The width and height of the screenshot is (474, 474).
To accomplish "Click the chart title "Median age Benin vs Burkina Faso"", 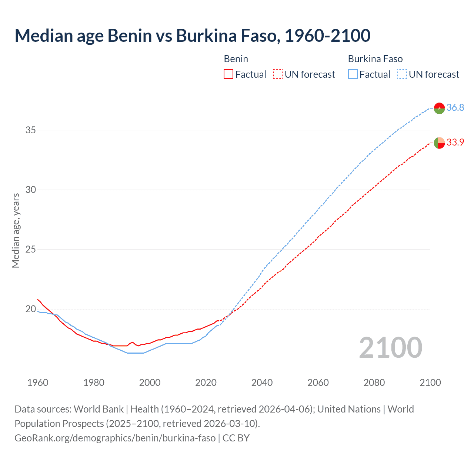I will tap(192, 36).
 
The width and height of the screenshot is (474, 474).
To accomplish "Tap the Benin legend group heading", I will tap(236, 59).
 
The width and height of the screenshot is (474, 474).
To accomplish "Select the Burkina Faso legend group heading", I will tap(375, 59).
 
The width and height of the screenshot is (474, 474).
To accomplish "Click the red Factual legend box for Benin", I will tap(228, 74).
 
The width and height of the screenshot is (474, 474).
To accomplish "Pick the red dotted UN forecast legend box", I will tap(278, 74).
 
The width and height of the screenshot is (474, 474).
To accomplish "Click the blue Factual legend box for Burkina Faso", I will tap(353, 74).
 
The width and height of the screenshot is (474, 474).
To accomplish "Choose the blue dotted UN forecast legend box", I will tap(402, 74).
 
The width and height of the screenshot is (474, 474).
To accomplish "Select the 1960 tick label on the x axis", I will tap(38, 383).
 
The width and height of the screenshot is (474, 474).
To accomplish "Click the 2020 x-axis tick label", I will tap(206, 383).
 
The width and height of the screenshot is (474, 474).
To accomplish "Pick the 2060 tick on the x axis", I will tap(318, 383).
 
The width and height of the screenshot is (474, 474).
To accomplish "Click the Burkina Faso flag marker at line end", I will tap(439, 108).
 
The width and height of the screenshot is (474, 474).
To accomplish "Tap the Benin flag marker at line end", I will tap(439, 143).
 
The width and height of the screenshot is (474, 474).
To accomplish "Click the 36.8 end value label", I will tap(455, 108).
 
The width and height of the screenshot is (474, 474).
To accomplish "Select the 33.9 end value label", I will tap(455, 143).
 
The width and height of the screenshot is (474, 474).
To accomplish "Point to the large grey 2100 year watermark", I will tap(391, 347).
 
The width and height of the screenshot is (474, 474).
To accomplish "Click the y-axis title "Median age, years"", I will tap(16, 230).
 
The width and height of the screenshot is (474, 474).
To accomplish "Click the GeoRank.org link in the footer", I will tap(115, 438).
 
